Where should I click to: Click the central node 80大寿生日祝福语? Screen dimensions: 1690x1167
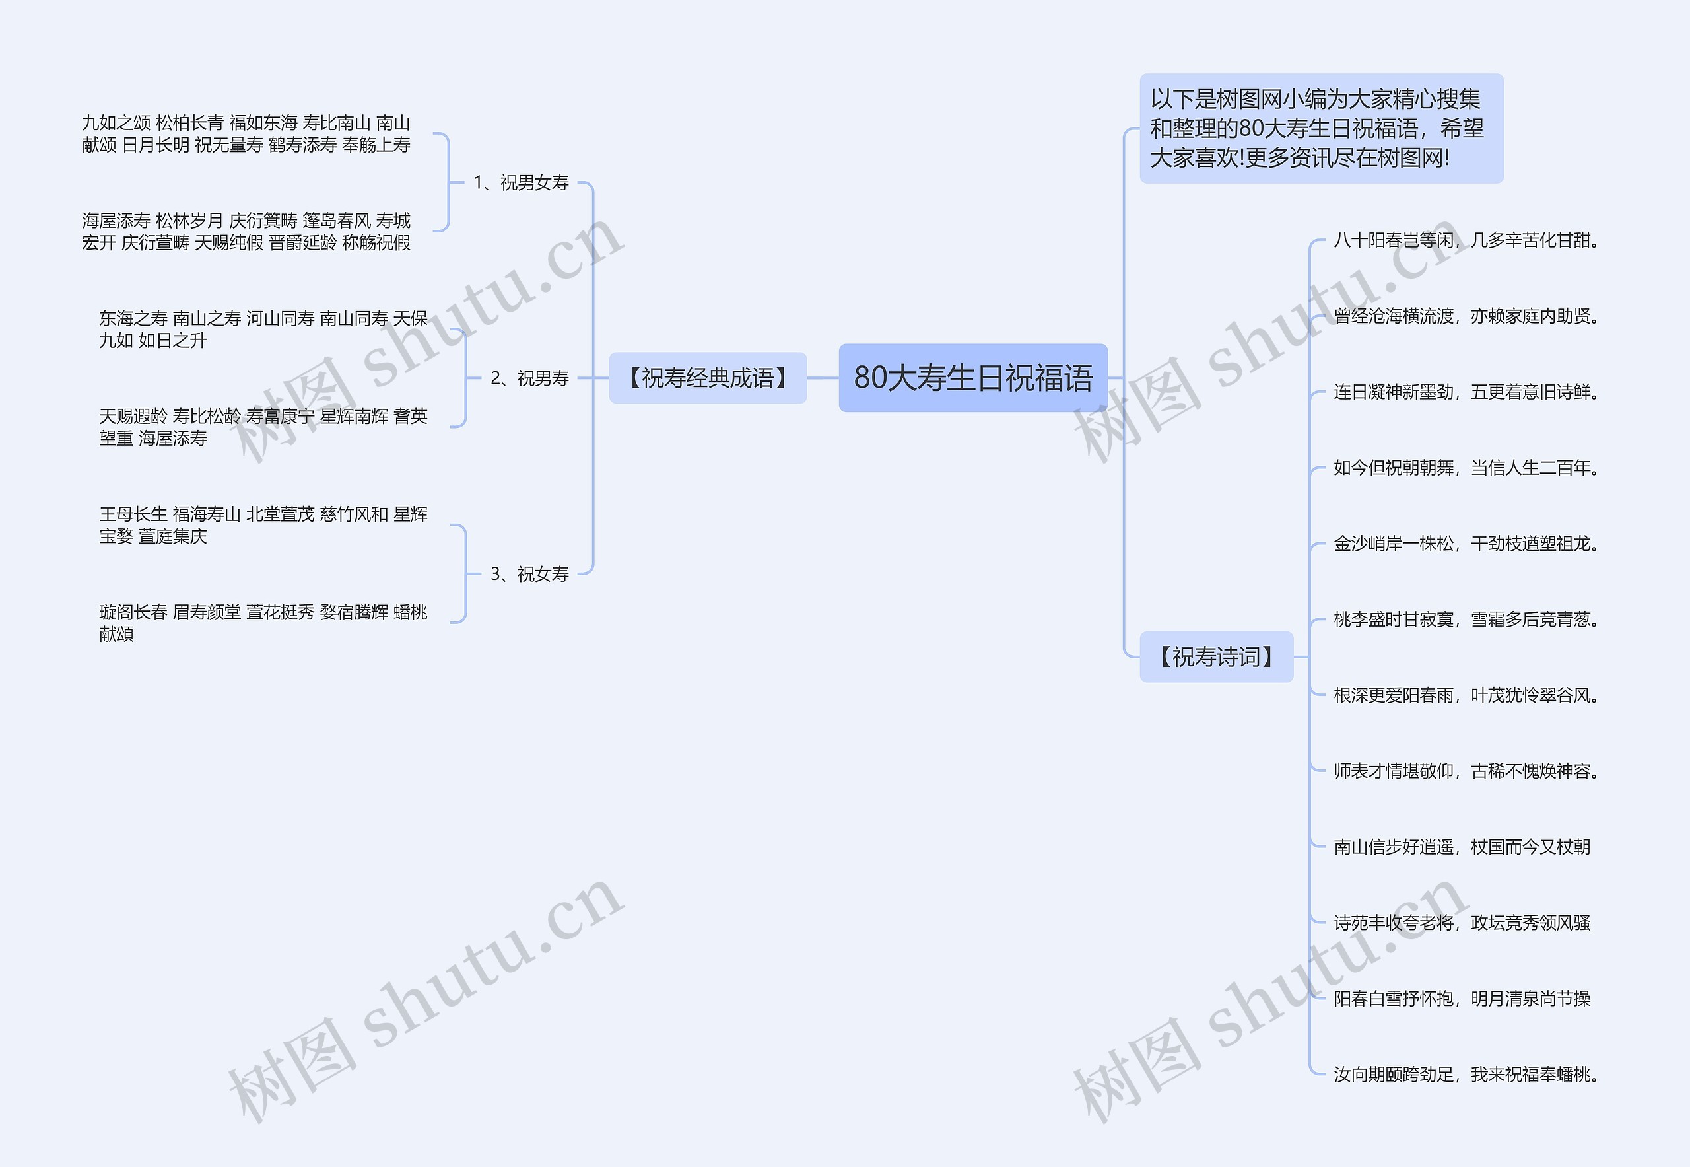(x=972, y=377)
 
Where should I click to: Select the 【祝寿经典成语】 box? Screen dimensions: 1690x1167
(x=707, y=378)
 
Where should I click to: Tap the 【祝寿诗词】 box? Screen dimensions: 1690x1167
(x=1215, y=656)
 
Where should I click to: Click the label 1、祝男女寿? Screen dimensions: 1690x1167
(x=520, y=183)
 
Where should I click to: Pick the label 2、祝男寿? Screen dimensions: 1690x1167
(x=529, y=378)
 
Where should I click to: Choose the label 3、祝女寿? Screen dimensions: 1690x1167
(x=529, y=574)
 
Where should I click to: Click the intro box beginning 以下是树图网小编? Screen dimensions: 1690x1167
(x=1320, y=128)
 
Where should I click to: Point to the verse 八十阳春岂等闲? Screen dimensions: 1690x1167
(x=1465, y=240)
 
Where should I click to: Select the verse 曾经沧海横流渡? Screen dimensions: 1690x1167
(x=1465, y=316)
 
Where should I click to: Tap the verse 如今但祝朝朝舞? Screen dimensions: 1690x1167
(x=1465, y=468)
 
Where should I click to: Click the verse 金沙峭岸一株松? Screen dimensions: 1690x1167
(x=1465, y=544)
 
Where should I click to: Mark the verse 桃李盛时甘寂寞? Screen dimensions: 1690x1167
(x=1465, y=620)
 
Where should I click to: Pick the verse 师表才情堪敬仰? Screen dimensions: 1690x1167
(x=1465, y=771)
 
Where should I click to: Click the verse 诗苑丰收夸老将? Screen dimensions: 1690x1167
(x=1462, y=923)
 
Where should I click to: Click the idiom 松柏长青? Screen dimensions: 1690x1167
(x=189, y=123)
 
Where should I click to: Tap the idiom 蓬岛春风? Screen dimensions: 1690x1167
(x=336, y=221)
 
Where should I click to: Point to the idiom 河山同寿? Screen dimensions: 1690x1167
(x=280, y=319)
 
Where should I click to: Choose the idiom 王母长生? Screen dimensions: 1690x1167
(x=133, y=514)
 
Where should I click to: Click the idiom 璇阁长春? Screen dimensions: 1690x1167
(x=133, y=612)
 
